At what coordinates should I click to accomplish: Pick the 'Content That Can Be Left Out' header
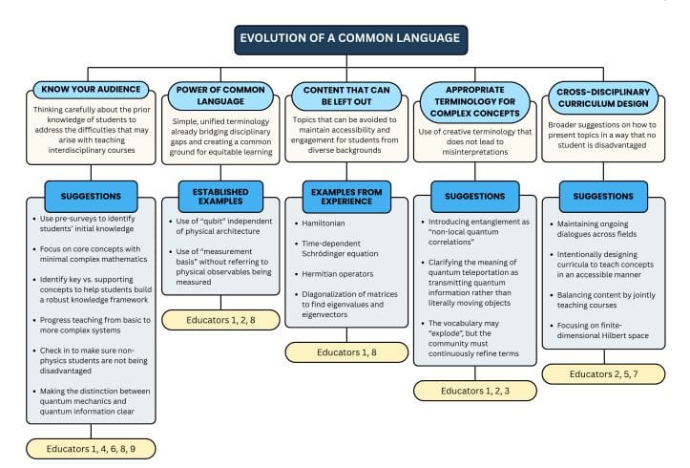point(348,96)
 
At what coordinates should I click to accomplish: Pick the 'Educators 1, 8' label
point(348,351)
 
